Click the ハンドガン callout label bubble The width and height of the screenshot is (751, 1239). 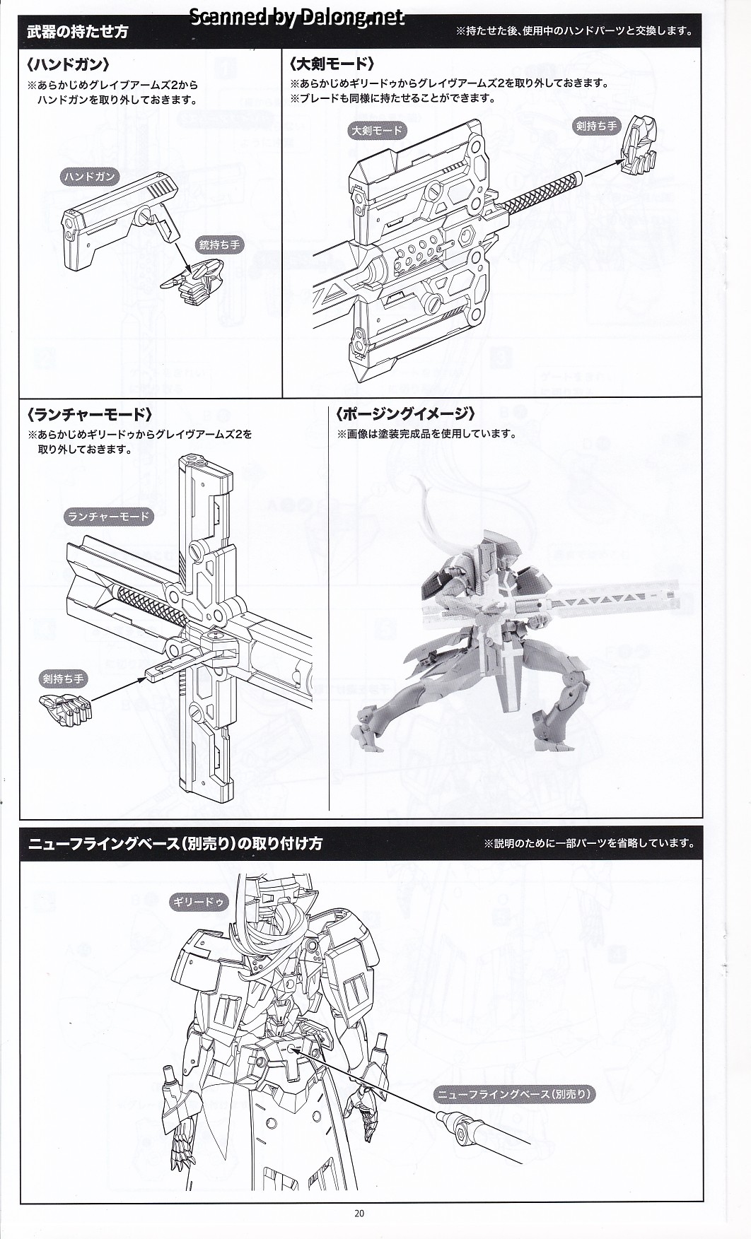[x=88, y=177]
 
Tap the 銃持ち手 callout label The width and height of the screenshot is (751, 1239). [x=219, y=245]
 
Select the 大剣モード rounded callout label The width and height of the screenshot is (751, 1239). [x=377, y=130]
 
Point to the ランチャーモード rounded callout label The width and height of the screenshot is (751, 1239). [x=108, y=517]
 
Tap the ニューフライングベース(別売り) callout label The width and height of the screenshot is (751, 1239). [x=513, y=1094]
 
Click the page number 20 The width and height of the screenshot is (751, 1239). [x=359, y=1214]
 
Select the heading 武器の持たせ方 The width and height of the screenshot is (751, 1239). [x=78, y=32]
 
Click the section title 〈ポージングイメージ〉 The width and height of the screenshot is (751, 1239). [x=405, y=414]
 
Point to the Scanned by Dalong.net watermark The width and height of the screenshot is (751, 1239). [x=297, y=17]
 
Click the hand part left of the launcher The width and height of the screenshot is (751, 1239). [x=66, y=707]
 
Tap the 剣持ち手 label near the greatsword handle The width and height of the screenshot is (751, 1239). [x=596, y=127]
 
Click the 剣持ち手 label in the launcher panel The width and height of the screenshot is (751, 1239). [x=63, y=679]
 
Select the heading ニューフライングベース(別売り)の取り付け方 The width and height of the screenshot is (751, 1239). [x=175, y=843]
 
